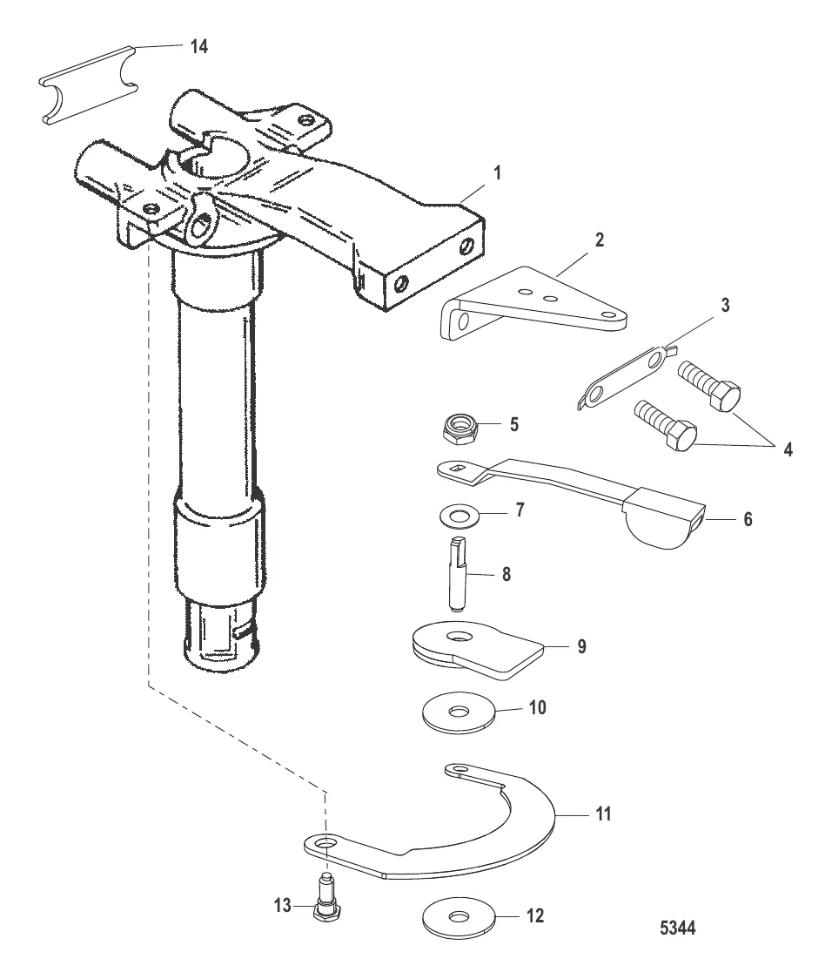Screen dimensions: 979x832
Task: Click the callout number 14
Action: click(199, 48)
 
